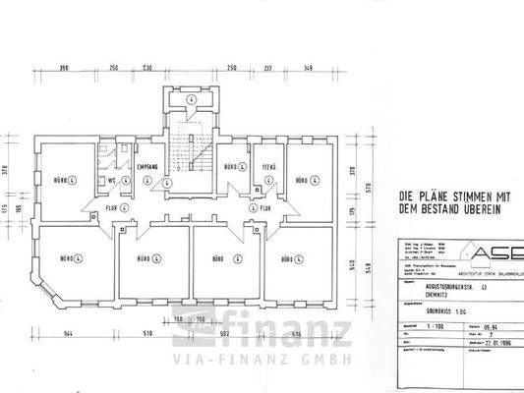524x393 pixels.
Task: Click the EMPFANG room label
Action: coord(147,167)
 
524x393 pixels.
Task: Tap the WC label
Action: coord(112,182)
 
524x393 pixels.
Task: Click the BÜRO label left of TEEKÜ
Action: coord(232,168)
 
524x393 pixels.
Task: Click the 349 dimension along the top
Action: coord(308,68)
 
